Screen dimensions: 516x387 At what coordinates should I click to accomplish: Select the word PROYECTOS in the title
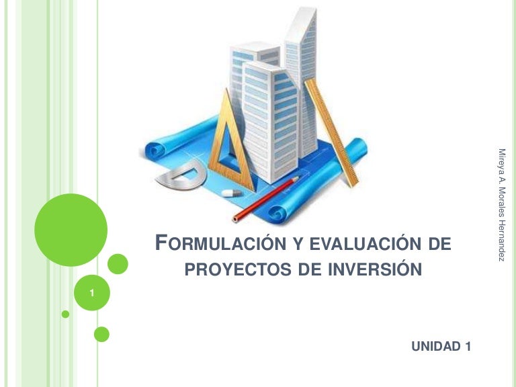coord(238,269)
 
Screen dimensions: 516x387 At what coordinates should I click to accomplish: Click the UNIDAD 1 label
coord(441,346)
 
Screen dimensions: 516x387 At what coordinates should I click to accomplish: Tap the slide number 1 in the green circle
coord(92,293)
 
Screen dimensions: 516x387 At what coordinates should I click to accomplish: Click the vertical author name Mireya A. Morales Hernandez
coord(501,205)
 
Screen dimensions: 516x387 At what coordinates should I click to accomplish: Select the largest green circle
coord(71,230)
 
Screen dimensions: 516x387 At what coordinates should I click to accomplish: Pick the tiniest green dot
coord(65,314)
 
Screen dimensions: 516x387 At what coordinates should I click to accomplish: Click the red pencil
coord(266,199)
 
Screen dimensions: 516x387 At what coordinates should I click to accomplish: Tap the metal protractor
coord(181,175)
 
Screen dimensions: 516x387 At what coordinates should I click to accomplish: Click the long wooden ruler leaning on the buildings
coord(331,132)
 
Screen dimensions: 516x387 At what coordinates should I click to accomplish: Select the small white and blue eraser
coord(232,193)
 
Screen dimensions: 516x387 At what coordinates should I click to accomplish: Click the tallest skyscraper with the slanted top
coord(301,82)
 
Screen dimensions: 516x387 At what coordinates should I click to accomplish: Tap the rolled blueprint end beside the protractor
coord(155,150)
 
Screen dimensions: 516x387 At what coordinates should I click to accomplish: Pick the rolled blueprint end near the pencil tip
coord(279,214)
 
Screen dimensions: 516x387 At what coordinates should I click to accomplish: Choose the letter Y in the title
coord(298,244)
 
